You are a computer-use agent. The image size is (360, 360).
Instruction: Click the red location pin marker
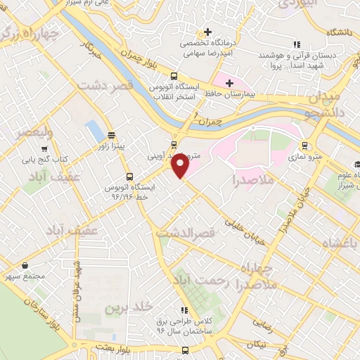[180, 166]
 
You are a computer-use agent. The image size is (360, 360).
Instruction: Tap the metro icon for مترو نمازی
[304, 146]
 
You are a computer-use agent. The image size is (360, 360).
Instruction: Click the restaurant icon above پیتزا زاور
[111, 134]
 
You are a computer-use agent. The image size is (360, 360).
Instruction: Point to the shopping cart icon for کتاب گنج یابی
[45, 149]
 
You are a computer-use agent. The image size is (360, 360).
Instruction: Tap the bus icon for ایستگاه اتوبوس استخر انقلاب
[174, 77]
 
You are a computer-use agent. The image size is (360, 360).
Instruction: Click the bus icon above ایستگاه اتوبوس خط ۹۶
[129, 176]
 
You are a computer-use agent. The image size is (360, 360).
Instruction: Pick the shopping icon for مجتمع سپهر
[26, 266]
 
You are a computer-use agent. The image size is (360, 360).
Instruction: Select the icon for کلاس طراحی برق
[184, 310]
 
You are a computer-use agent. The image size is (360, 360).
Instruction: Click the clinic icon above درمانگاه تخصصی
[206, 32]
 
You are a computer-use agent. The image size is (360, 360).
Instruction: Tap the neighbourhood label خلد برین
[128, 307]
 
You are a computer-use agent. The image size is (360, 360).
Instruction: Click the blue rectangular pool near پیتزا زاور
[93, 129]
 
